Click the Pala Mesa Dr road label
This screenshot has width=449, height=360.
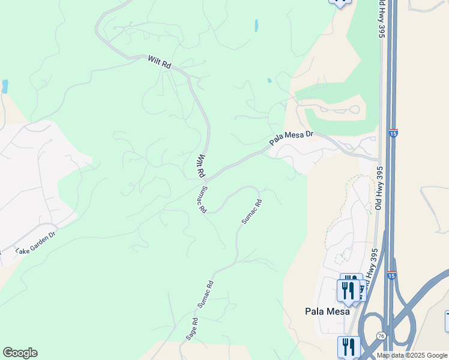point(292,139)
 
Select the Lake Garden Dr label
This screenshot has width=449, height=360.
point(35,241)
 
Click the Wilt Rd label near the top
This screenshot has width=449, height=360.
point(160,62)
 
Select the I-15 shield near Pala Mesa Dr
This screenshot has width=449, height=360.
point(393,130)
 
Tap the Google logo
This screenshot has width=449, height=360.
point(20,353)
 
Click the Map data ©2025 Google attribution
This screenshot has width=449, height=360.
point(411,355)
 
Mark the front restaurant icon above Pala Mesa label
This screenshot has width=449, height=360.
point(348,290)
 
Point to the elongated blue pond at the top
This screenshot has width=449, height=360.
point(256,25)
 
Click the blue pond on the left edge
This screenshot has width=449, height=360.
point(5,86)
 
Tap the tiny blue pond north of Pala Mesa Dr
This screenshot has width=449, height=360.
point(269,80)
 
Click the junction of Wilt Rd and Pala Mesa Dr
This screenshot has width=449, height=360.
point(206,179)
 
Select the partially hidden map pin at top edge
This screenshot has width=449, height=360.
point(340,2)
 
